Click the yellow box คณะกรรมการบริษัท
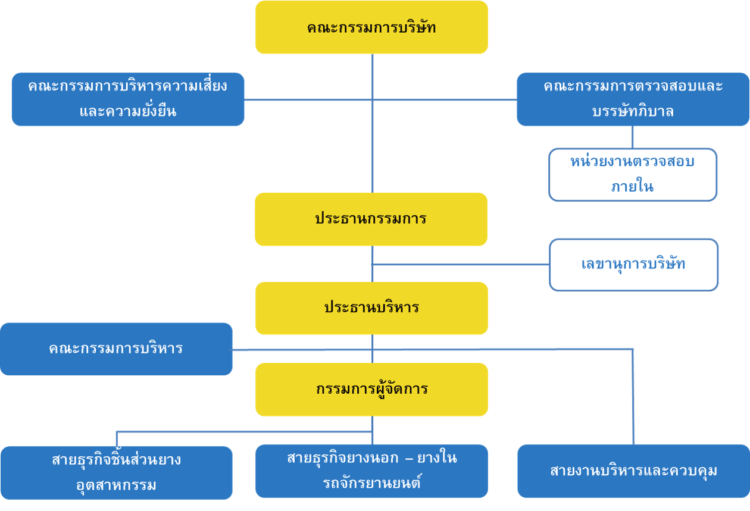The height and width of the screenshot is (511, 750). pyautogui.click(x=371, y=27)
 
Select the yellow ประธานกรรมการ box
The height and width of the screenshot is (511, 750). pyautogui.click(x=371, y=219)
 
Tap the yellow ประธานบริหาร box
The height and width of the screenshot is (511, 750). pyautogui.click(x=371, y=308)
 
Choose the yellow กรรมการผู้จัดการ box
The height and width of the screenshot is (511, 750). pyautogui.click(x=371, y=390)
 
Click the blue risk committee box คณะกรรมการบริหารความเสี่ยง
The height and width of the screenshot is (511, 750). pyautogui.click(x=128, y=99)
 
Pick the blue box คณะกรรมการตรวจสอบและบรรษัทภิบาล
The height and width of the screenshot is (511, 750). pyautogui.click(x=633, y=99)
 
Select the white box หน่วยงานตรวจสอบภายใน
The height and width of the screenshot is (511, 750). pyautogui.click(x=633, y=175)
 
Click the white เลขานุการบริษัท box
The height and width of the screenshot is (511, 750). pyautogui.click(x=633, y=265)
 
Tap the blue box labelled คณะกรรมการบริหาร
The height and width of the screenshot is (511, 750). pyautogui.click(x=116, y=349)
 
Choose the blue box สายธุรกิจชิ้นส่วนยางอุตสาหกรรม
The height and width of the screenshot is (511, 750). pyautogui.click(x=117, y=473)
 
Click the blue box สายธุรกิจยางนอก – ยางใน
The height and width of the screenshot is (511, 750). pyautogui.click(x=371, y=471)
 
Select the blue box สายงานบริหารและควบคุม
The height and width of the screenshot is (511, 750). pyautogui.click(x=633, y=471)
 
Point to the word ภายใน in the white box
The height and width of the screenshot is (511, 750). pyautogui.click(x=633, y=187)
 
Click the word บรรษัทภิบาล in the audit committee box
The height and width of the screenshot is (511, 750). pyautogui.click(x=633, y=111)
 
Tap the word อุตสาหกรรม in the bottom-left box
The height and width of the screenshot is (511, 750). pyautogui.click(x=116, y=485)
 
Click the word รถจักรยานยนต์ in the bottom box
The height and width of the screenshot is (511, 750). pyautogui.click(x=371, y=482)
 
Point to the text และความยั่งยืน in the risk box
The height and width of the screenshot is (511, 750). pyautogui.click(x=128, y=111)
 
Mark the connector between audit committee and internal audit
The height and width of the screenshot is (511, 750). pyautogui.click(x=633, y=137)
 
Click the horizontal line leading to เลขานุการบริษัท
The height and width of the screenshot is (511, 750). pyautogui.click(x=461, y=264)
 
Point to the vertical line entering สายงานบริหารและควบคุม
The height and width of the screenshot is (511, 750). pyautogui.click(x=633, y=397)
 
